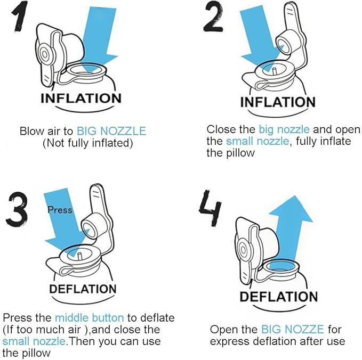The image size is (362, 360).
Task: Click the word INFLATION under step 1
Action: click(81, 99)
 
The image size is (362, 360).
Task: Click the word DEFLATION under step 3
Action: click(83, 289)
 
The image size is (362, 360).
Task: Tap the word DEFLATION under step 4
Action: click(279, 297)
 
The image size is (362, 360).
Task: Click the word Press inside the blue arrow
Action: click(60, 210)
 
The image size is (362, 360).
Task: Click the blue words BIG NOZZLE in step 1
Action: click(111, 131)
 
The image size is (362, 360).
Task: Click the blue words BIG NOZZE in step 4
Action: click(293, 330)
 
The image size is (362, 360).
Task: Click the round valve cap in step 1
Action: click(46, 54)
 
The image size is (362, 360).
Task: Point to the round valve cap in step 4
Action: click(246, 249)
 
